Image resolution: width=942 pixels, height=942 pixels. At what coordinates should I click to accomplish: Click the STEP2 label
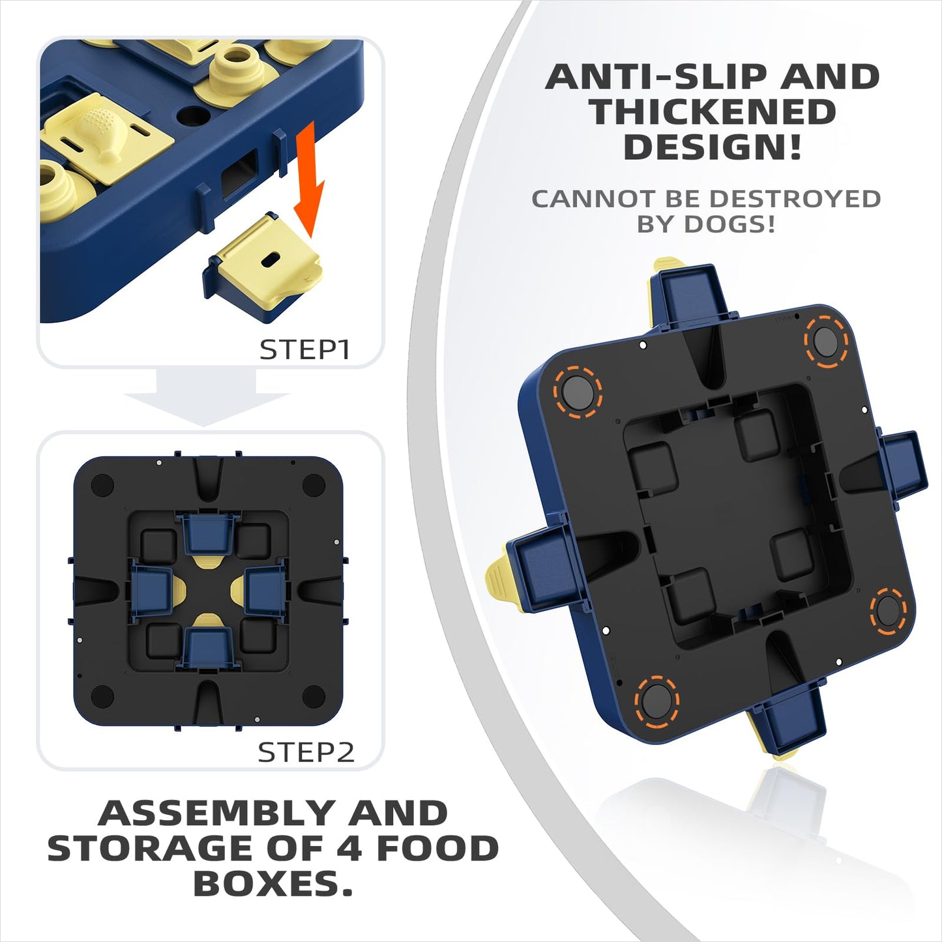306,752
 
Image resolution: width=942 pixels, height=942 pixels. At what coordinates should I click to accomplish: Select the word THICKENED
713,111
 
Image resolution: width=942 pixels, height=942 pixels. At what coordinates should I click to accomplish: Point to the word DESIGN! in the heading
713,146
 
